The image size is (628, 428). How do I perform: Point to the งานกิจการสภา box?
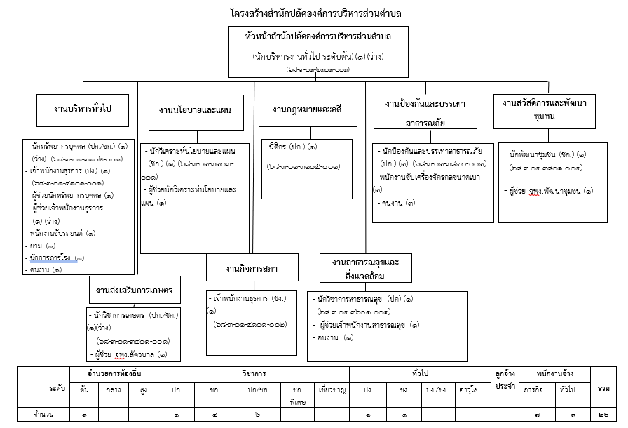click(252, 268)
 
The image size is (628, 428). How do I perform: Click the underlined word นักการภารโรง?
click(48, 258)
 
